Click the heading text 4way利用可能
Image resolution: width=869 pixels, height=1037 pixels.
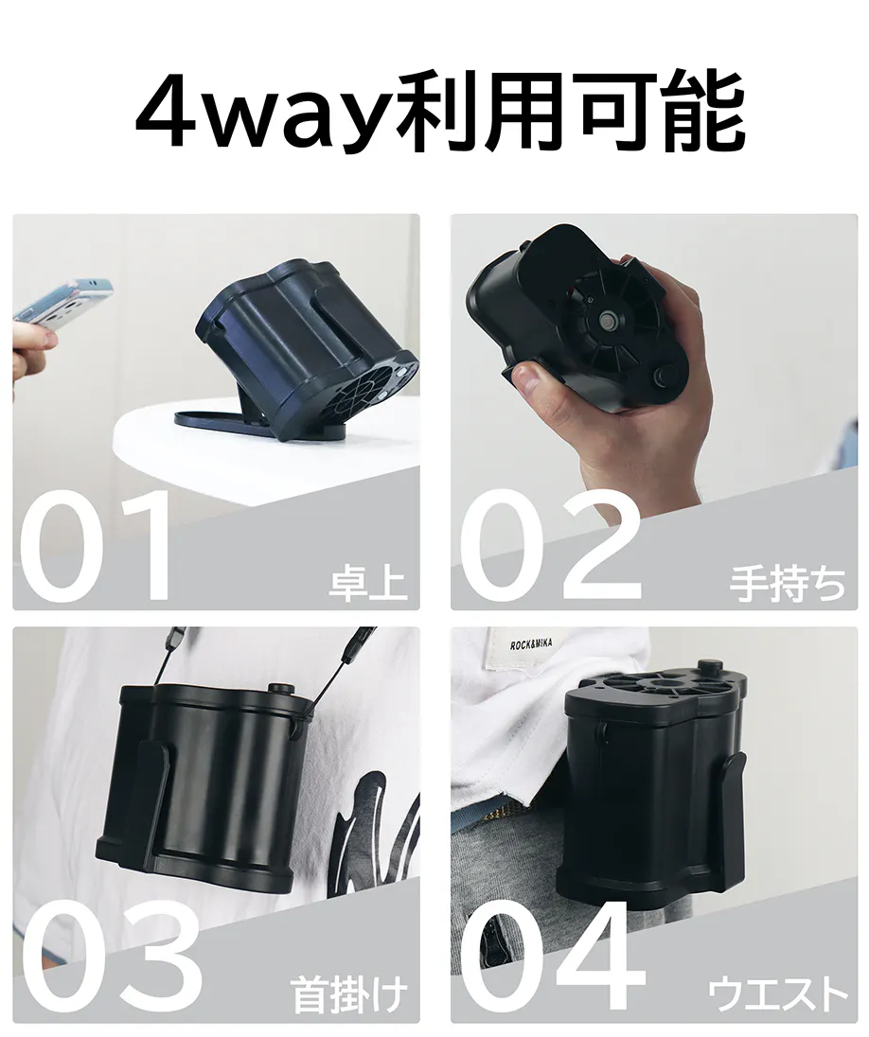(x=440, y=113)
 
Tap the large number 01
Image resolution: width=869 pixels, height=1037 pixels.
(x=97, y=546)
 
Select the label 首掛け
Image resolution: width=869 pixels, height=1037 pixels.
(x=348, y=996)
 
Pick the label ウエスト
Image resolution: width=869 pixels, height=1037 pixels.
(x=778, y=995)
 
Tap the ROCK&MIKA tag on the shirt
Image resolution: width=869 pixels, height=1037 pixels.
(x=530, y=645)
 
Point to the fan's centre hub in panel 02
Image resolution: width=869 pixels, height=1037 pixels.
(x=605, y=322)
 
